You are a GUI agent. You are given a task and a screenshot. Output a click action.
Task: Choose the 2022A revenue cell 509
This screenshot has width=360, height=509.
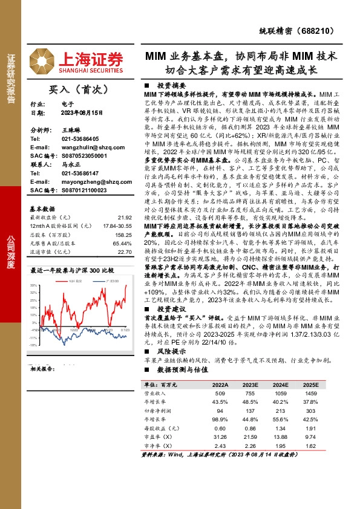[220, 392]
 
